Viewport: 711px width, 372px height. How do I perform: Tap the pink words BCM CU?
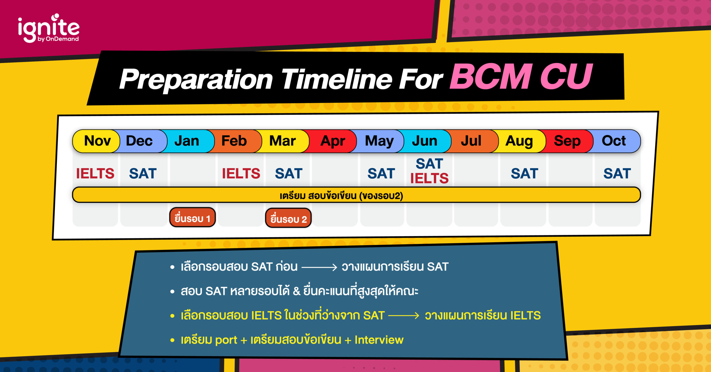[521, 76]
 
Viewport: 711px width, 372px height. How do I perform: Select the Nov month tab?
[97, 141]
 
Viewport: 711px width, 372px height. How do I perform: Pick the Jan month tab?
[187, 141]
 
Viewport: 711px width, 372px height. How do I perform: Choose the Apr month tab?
[333, 141]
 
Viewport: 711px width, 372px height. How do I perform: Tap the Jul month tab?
[471, 141]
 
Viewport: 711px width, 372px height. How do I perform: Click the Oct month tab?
[614, 141]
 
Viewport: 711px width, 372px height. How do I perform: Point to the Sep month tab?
[567, 141]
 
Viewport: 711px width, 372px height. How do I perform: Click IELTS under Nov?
[95, 174]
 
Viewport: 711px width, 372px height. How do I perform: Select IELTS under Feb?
[241, 174]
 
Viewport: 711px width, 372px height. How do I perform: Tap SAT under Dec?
[143, 174]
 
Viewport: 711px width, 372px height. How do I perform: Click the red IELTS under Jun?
[429, 178]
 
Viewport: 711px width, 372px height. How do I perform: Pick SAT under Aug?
[525, 174]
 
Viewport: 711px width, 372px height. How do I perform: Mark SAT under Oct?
[617, 174]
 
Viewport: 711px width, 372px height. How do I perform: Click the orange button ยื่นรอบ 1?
[192, 218]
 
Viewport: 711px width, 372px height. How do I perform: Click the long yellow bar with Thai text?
[356, 195]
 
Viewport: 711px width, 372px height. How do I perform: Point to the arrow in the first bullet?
[319, 267]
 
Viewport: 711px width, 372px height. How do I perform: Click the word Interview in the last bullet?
[379, 340]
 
